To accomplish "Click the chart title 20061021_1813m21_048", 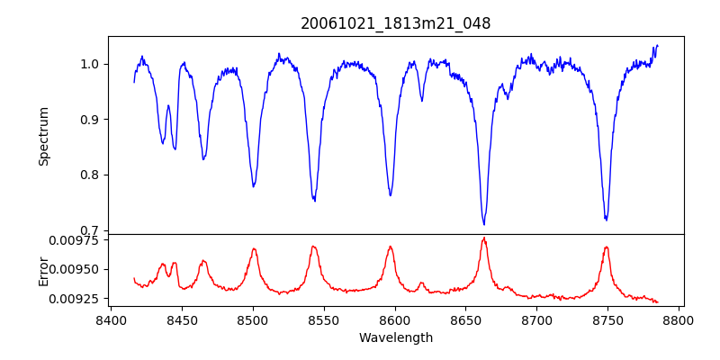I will (395, 23).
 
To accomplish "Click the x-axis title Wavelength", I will (395, 337).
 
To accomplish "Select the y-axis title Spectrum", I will (43, 136).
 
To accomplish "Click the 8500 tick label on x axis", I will (253, 319).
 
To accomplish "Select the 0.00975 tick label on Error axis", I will (78, 240).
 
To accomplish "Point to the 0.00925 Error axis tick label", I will (78, 298).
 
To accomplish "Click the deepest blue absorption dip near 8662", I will (484, 224).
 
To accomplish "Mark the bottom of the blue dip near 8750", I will (606, 220).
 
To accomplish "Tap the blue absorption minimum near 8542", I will (314, 201).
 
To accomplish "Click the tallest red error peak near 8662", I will (484, 238).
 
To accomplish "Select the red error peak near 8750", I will (607, 247).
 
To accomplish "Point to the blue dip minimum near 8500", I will (254, 186).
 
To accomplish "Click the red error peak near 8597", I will (391, 247).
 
